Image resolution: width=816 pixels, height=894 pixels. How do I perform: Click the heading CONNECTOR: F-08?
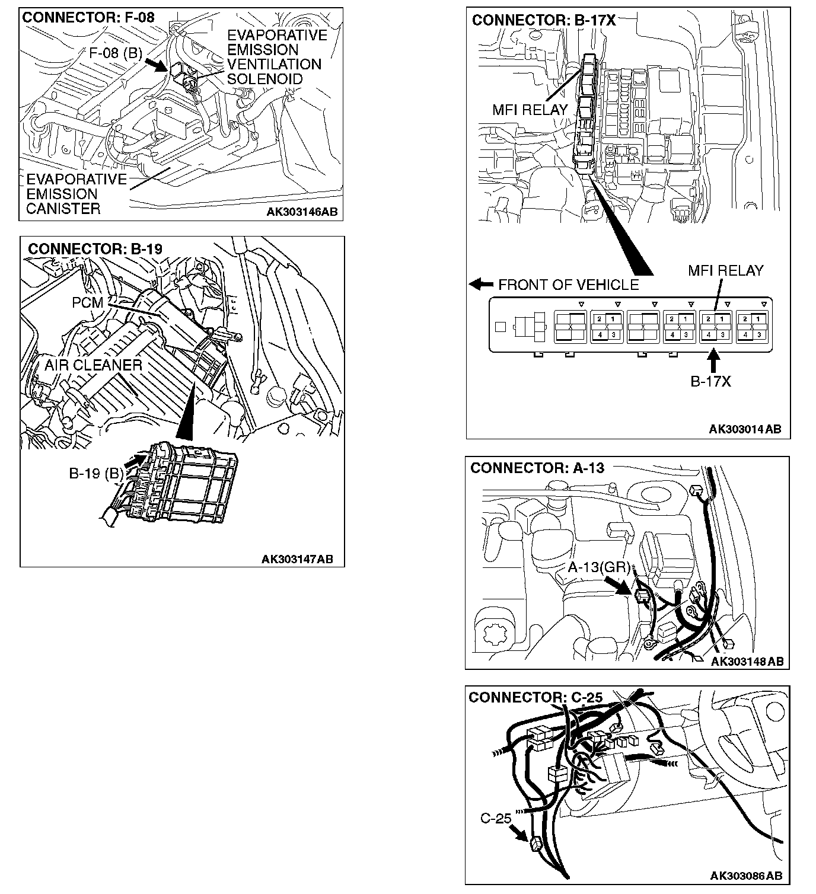88,17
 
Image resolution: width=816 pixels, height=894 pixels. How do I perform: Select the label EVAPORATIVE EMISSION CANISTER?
76,194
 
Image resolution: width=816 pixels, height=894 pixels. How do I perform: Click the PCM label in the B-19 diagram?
88,302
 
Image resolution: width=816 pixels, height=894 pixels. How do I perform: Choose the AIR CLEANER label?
94,365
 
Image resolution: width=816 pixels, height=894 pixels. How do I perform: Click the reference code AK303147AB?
297,559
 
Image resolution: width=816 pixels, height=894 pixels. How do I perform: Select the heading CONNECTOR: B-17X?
544,20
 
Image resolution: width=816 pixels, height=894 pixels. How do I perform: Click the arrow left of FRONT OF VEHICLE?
481,285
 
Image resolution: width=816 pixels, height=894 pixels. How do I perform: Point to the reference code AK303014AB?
745,429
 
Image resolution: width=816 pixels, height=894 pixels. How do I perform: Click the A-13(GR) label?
599,567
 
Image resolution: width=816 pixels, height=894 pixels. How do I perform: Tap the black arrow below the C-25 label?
520,834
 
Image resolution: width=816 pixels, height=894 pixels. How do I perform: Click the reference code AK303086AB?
746,876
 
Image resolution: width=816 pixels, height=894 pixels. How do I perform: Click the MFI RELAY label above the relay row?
725,271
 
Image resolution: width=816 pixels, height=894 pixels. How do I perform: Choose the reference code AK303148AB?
747,661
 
